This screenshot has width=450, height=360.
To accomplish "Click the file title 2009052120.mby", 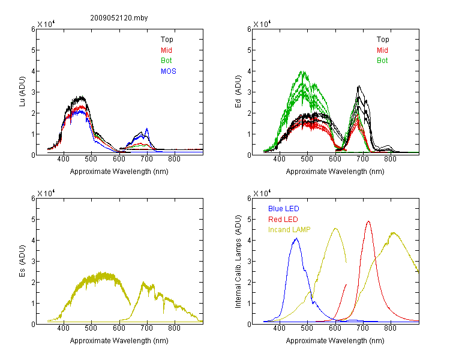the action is pyautogui.click(x=119, y=18).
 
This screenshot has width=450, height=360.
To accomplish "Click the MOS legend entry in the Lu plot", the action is pyautogui.click(x=169, y=71).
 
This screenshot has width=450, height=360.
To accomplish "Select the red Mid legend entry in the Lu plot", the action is pyautogui.click(x=166, y=50).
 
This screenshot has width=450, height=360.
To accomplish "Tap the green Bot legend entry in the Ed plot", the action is pyautogui.click(x=382, y=61).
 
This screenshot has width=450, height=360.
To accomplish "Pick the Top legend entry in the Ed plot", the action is pyautogui.click(x=383, y=40).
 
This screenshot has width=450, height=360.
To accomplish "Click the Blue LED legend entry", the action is pyautogui.click(x=284, y=209).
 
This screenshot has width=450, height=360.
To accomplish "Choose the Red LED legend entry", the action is pyautogui.click(x=283, y=220).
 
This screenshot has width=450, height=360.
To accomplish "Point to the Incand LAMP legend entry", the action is pyautogui.click(x=289, y=230).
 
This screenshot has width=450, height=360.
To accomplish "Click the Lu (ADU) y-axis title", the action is pyautogui.click(x=22, y=92).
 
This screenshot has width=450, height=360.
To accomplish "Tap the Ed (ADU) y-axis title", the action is pyautogui.click(x=238, y=92).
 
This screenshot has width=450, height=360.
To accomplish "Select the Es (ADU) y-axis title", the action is pyautogui.click(x=22, y=261).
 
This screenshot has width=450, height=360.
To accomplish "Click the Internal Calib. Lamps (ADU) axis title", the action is pyautogui.click(x=238, y=262).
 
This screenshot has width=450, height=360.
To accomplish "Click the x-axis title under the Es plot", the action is pyautogui.click(x=119, y=341).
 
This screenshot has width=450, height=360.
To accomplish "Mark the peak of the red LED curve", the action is pyautogui.click(x=368, y=221).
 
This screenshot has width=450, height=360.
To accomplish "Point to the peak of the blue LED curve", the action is pyautogui.click(x=297, y=238).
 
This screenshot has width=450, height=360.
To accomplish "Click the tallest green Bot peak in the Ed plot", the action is pyautogui.click(x=303, y=71).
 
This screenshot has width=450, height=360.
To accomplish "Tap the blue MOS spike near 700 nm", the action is pyautogui.click(x=147, y=128).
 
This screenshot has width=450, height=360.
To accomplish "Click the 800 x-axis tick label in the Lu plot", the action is pyautogui.click(x=174, y=159).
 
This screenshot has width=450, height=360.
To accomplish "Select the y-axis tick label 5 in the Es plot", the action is pyautogui.click(x=33, y=220).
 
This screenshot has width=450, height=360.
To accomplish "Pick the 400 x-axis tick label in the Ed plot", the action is pyautogui.click(x=279, y=159).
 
